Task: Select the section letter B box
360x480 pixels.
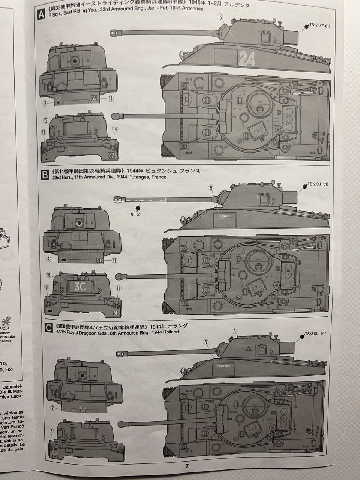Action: [45, 175]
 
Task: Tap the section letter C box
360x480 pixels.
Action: [48, 328]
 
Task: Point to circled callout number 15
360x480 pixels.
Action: [220, 17]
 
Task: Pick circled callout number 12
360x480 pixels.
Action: [46, 120]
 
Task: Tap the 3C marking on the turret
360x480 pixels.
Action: [80, 286]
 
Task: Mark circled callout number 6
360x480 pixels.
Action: [235, 331]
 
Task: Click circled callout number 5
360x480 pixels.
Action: [205, 342]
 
